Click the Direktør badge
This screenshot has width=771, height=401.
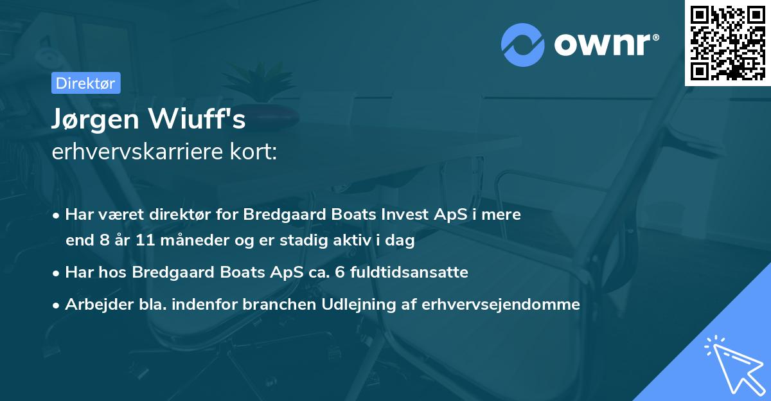click(85, 83)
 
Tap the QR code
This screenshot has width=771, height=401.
click(727, 43)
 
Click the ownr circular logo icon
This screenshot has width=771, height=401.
click(523, 44)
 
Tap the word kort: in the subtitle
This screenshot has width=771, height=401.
click(257, 152)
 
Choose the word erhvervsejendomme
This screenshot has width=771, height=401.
click(501, 304)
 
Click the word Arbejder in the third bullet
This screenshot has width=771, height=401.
click(96, 304)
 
